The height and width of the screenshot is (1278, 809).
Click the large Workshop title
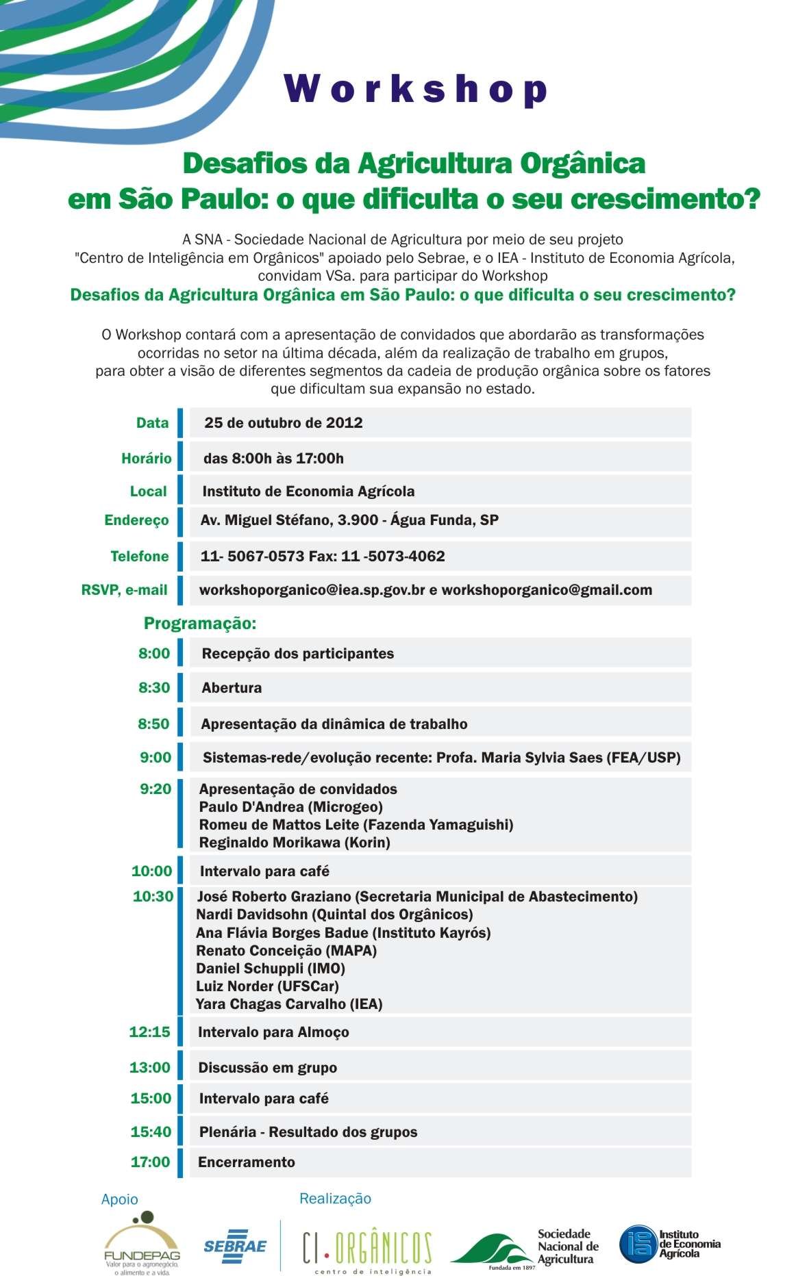[416, 88]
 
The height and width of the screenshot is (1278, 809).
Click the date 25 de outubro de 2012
[283, 422]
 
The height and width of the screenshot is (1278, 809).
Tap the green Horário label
[146, 458]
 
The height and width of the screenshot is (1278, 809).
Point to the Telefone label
[139, 556]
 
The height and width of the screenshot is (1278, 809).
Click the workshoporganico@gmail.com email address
[547, 590]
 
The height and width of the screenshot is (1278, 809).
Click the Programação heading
[199, 624]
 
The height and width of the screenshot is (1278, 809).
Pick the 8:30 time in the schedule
[153, 687]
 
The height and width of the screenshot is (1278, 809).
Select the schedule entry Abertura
[232, 688]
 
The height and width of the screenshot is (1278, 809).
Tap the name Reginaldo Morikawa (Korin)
[295, 843]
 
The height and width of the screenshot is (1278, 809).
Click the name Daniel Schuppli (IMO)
[271, 969]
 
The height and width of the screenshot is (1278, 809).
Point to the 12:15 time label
[149, 1032]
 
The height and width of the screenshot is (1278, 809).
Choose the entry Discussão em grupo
[267, 1067]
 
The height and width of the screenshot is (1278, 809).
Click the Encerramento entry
[246, 1162]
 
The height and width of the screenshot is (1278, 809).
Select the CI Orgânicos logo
[367, 1249]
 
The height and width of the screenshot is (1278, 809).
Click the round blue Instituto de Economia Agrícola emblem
[638, 1244]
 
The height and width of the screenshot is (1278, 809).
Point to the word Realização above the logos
[335, 1199]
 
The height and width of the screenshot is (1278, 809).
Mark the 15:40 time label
[151, 1132]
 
